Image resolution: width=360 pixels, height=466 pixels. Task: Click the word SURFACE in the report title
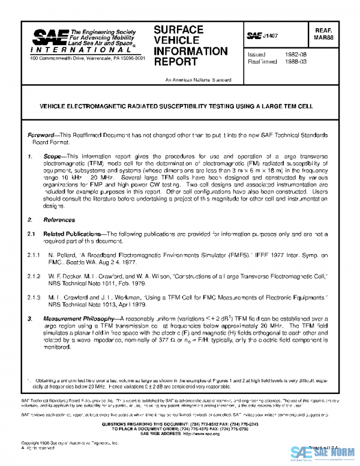tap(178, 29)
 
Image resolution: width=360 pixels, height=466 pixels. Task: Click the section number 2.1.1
tap(35, 255)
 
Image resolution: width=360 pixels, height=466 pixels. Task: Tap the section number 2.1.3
tap(35, 297)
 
